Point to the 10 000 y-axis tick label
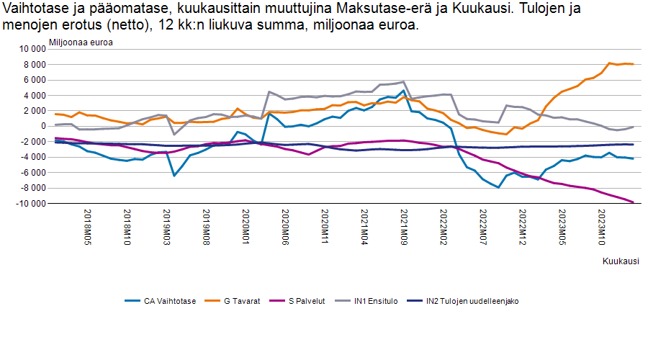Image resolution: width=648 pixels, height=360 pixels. pyautogui.click(x=32, y=49)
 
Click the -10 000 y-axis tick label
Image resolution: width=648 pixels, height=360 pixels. pyautogui.click(x=30, y=204)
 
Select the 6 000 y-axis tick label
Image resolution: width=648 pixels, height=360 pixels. pyautogui.click(x=34, y=80)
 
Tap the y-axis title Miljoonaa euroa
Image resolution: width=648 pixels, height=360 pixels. pyautogui.click(x=81, y=41)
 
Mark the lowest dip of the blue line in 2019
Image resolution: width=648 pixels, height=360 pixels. pyautogui.click(x=174, y=175)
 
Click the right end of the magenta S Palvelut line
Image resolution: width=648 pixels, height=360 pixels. pyautogui.click(x=632, y=202)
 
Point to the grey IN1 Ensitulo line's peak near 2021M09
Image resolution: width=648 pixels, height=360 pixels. pyautogui.click(x=404, y=82)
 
